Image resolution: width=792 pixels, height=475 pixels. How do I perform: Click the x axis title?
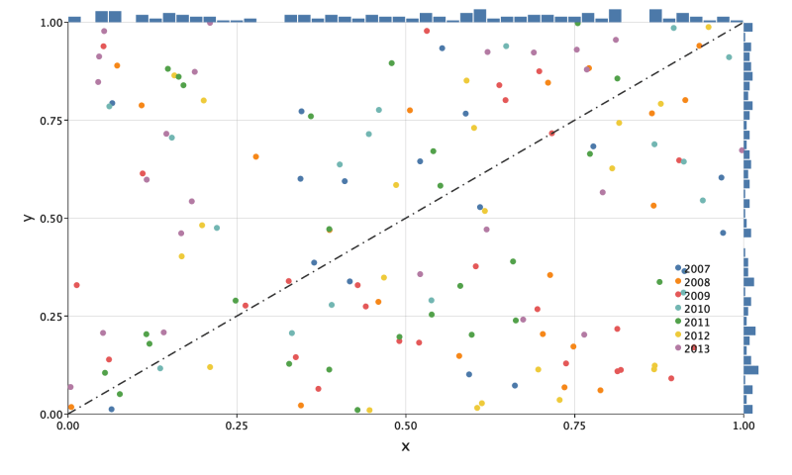coord(405,447)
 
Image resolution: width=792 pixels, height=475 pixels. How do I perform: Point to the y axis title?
coord(29,217)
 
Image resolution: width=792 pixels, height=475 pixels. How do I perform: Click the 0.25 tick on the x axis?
coord(237,427)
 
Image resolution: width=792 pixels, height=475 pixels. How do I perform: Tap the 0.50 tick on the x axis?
coord(406,427)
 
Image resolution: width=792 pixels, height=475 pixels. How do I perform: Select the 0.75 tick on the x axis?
coord(574,427)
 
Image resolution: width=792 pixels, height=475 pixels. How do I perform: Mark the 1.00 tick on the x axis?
coord(743,427)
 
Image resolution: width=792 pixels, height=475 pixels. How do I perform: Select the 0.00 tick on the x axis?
coord(68,427)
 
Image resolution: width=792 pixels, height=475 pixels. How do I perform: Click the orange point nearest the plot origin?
coord(71,407)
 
